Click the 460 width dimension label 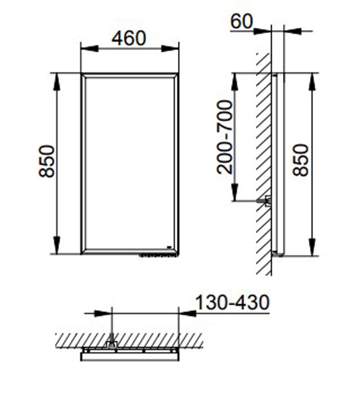point(129,38)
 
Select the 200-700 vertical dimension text point(225,137)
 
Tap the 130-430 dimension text point(232,302)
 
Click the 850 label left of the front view point(47,162)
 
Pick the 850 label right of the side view point(301,160)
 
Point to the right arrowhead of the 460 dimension point(170,49)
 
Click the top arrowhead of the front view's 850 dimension point(57,82)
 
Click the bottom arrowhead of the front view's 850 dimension point(57,245)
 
